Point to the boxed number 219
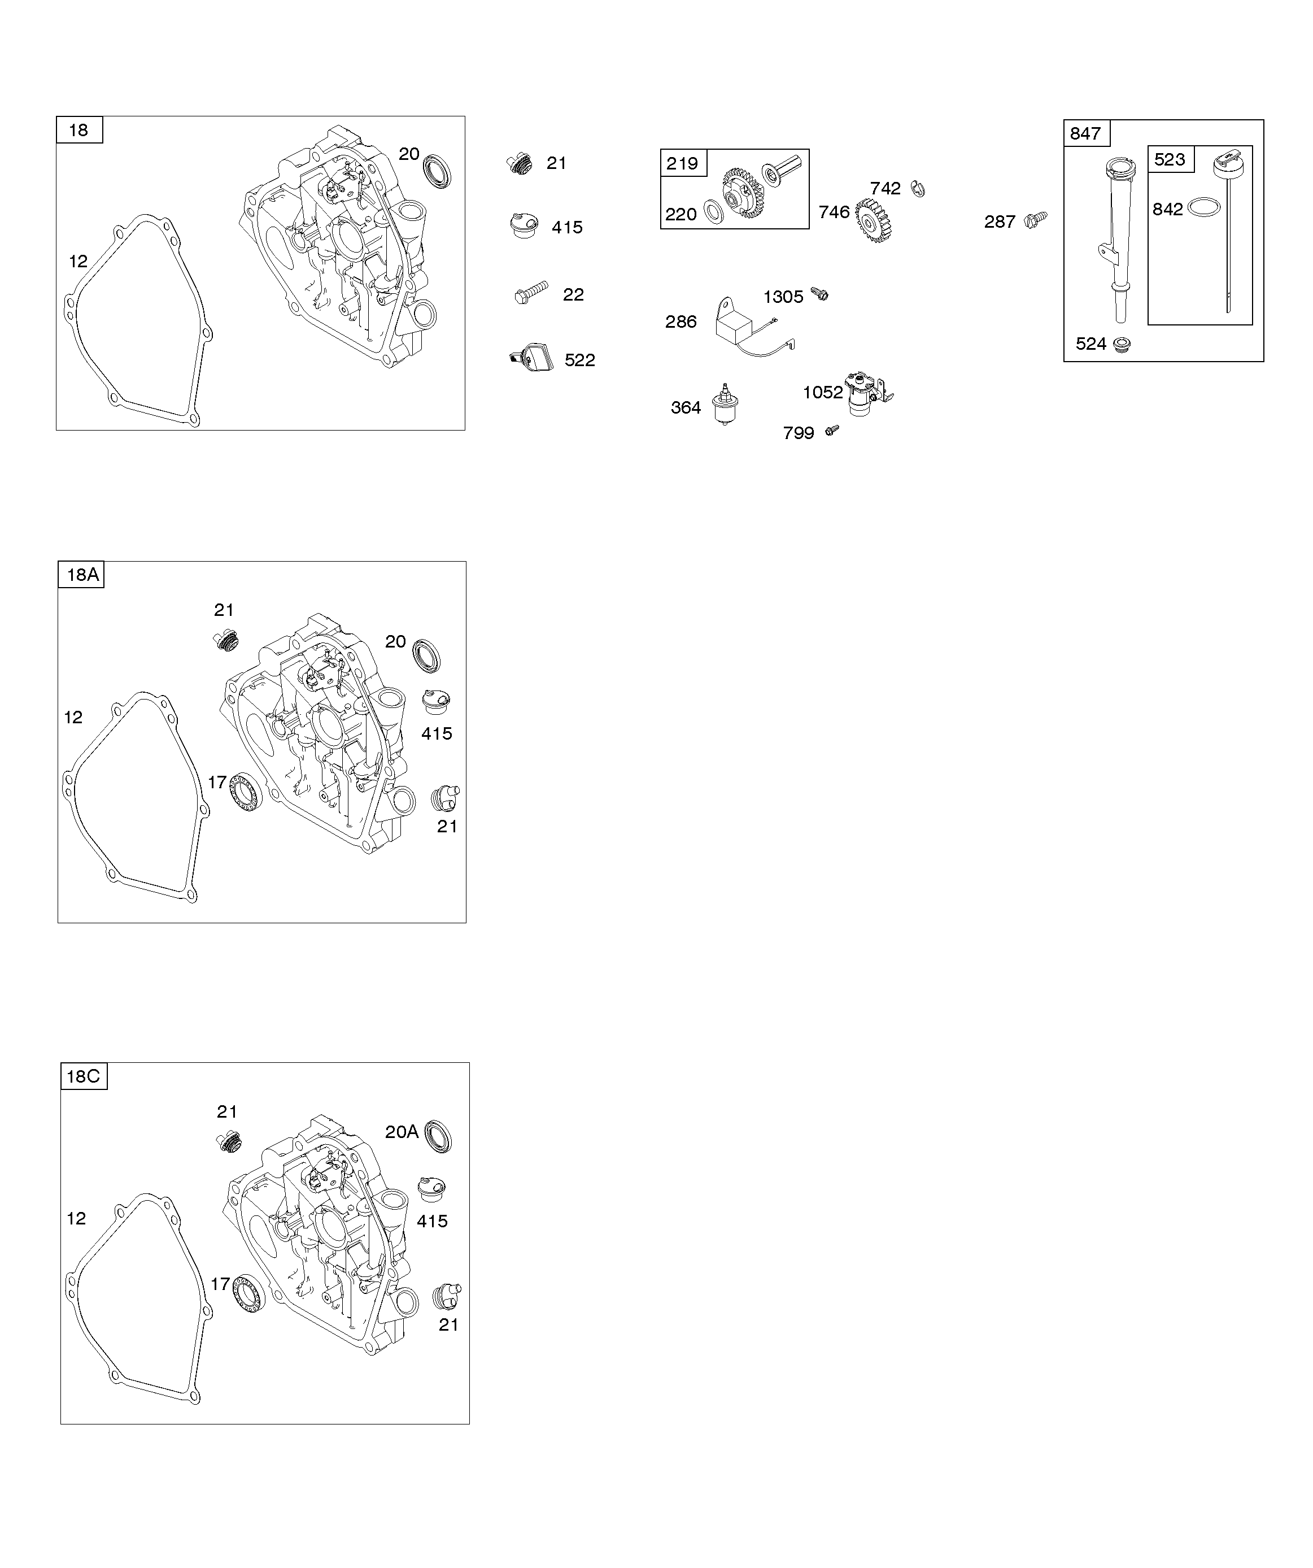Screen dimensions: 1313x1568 tap(683, 163)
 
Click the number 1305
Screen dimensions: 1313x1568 tap(783, 297)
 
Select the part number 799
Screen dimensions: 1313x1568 tap(798, 433)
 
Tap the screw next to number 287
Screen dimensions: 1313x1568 tap(1037, 219)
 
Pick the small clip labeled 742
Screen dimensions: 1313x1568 tap(918, 190)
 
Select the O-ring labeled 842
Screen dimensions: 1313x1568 tap(1203, 207)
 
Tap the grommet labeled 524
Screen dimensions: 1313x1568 tap(1121, 344)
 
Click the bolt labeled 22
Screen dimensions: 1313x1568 tap(531, 292)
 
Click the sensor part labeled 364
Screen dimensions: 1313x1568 tap(723, 404)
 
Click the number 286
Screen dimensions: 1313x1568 tap(681, 322)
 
